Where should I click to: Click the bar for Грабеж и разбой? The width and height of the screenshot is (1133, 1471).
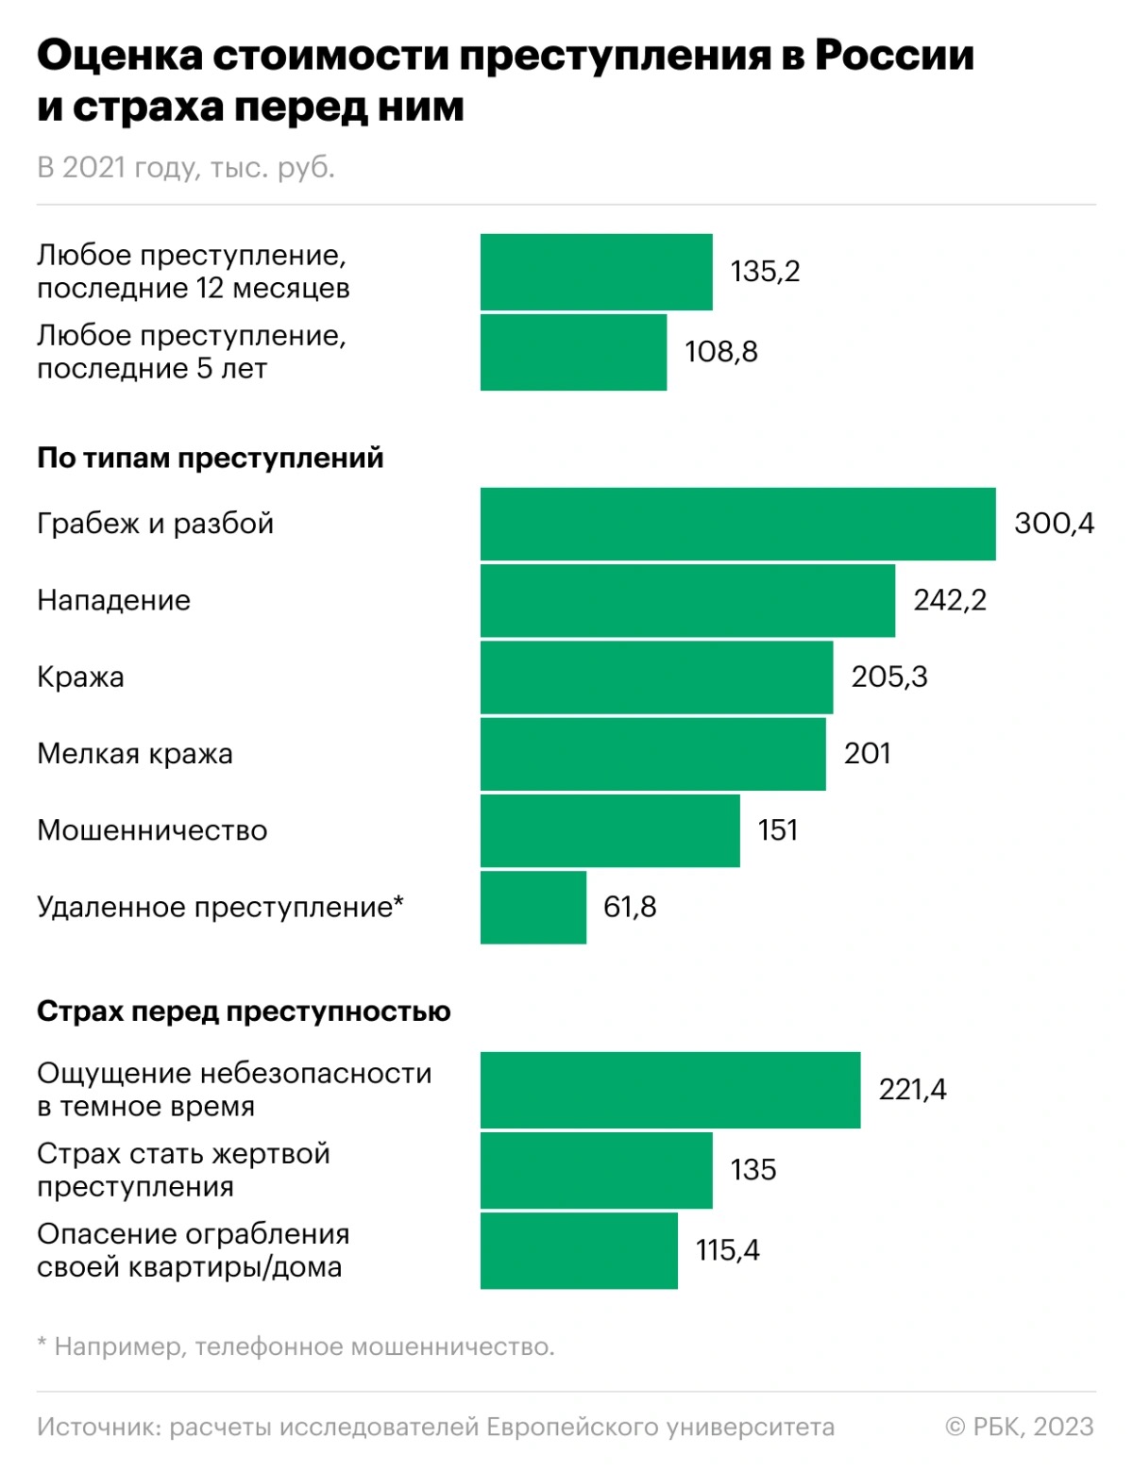(737, 524)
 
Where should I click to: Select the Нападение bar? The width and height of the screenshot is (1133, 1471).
(687, 600)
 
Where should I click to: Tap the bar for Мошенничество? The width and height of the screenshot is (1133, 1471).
(610, 830)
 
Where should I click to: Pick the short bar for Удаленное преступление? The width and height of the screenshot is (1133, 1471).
(533, 907)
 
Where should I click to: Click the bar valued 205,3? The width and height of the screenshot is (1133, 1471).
(656, 677)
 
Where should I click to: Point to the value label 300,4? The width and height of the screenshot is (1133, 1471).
(1054, 524)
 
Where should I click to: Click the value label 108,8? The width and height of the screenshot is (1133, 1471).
(721, 352)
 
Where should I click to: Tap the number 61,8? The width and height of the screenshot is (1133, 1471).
(630, 907)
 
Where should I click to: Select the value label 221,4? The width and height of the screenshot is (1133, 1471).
(912, 1090)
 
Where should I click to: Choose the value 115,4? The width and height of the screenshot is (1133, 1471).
(727, 1250)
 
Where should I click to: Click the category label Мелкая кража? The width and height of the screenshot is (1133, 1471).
(135, 754)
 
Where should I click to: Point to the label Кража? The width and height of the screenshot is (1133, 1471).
(80, 677)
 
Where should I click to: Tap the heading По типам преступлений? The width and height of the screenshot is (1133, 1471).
(211, 458)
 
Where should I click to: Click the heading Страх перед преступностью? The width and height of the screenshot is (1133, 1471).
(244, 1011)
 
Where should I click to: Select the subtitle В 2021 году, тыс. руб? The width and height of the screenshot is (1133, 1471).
(186, 167)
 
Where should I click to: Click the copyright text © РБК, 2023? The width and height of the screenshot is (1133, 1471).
(1019, 1427)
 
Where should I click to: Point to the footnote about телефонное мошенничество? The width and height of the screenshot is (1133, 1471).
(296, 1346)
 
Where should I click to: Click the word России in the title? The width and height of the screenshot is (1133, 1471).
(894, 56)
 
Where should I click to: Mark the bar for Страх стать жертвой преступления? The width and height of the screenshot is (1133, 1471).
(596, 1170)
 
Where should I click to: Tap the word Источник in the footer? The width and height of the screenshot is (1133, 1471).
(97, 1427)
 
